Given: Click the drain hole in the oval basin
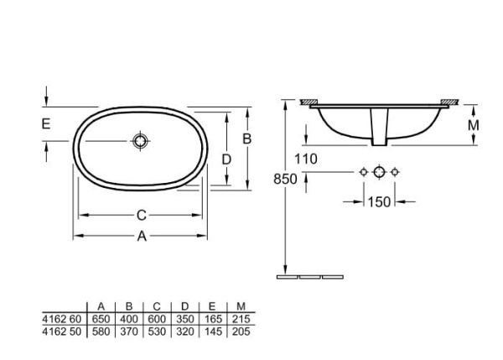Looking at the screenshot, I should point(141,140).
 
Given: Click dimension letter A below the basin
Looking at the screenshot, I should point(142,237).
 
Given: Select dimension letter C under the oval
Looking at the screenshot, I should point(142,216).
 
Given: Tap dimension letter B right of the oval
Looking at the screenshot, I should point(247,139).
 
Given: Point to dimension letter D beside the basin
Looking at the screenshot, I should point(226,159).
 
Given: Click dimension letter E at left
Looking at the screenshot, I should point(47,124).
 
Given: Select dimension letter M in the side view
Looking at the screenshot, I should point(473,124).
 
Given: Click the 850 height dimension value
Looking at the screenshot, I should point(285,177).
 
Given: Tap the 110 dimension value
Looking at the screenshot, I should point(306,159).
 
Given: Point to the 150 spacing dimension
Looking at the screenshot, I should point(380,201).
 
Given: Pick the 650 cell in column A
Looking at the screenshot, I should point(101,320).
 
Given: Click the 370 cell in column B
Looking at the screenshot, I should point(129,331).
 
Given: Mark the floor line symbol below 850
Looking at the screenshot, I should point(310,276).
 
